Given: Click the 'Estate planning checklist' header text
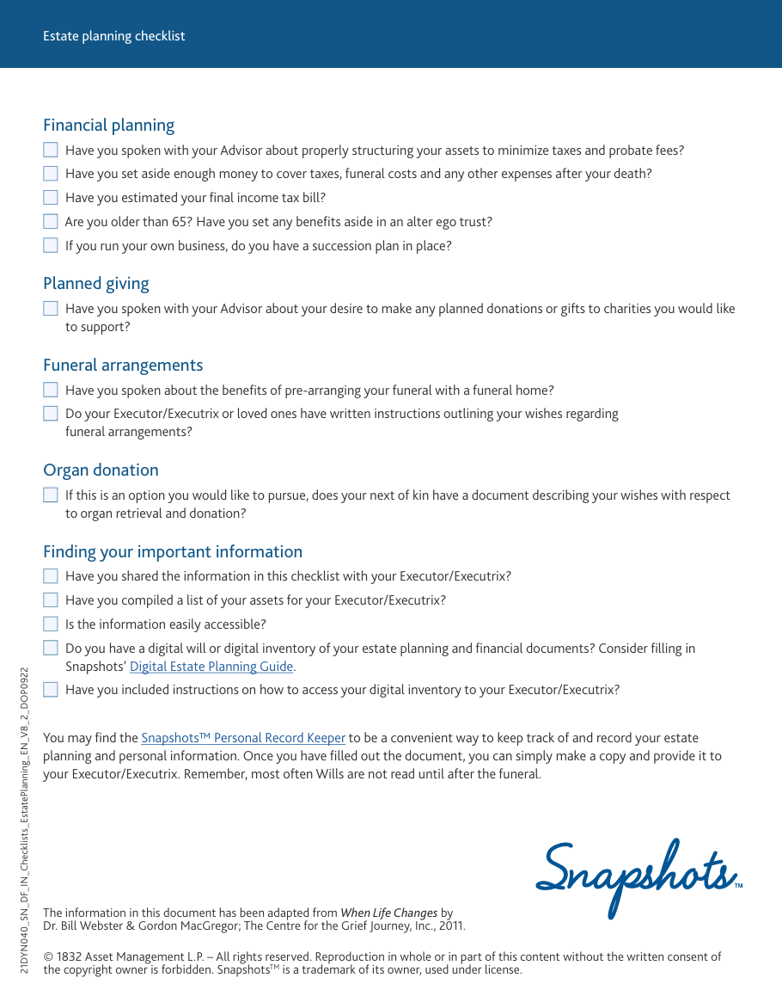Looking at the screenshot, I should pos(114,36).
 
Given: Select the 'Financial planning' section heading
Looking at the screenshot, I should pos(108,126).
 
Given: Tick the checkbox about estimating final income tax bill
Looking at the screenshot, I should pos(51,198).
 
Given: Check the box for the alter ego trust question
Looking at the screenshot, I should pos(51,222).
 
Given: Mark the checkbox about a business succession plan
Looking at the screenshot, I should pos(51,246).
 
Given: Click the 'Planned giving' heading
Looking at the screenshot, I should pos(96,284).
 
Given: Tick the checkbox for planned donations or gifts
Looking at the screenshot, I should pos(51,309).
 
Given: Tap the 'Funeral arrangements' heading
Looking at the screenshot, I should pos(123,366).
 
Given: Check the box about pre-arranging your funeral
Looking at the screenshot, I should pos(51,390).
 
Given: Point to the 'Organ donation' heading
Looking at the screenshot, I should pos(101,470).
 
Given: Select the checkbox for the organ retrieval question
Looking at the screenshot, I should pos(51,495).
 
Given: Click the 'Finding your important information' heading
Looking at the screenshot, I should pos(173,552).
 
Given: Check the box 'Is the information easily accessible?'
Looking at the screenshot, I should pos(51,624).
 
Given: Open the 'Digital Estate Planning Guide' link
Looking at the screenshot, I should pos(211,667).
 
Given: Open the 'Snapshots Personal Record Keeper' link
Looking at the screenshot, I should pos(243,738).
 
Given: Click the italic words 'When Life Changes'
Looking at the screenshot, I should pos(389,913).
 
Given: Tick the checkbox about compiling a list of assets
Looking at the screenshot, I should pos(51,600).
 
